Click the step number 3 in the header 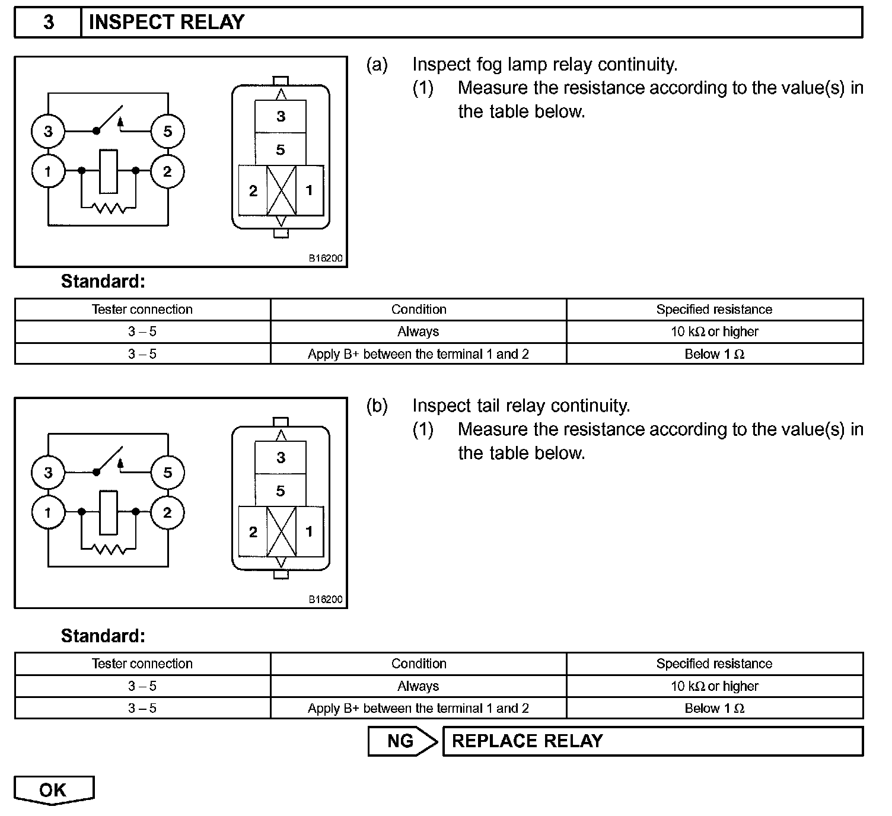[48, 22]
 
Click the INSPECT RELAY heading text [166, 22]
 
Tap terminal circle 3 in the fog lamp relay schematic [48, 130]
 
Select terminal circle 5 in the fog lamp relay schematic [167, 130]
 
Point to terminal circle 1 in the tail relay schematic [48, 512]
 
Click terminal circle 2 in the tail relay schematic [167, 512]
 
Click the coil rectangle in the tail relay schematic [109, 512]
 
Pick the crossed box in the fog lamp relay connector [281, 190]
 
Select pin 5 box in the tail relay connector [281, 491]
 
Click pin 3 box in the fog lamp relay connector [281, 116]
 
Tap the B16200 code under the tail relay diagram [325, 600]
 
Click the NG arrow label [402, 741]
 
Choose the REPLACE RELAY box [652, 741]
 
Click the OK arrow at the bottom [53, 790]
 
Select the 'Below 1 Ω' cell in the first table [714, 354]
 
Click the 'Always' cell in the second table [418, 686]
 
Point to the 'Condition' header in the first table [418, 310]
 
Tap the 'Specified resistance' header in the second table [714, 664]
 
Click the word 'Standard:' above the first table [103, 281]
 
